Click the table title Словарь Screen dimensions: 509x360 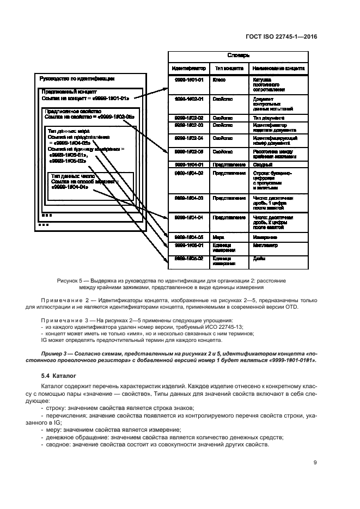pos(238,56)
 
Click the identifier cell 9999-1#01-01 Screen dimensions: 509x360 pos(188,80)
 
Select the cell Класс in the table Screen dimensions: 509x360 pos(219,80)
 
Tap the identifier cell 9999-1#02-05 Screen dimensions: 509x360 pos(188,152)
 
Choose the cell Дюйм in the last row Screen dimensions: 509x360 pos(259,259)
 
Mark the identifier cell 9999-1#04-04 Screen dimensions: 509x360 pos(188,217)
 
